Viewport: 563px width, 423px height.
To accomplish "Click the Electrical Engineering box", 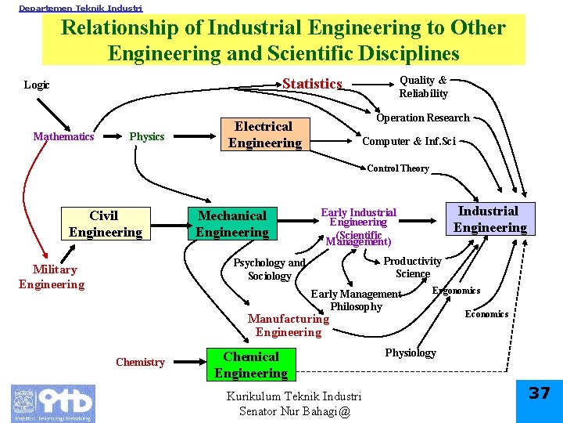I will click(264, 134).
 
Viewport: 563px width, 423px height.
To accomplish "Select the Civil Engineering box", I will click(105, 223).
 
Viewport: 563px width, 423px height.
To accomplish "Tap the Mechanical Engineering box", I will click(231, 223).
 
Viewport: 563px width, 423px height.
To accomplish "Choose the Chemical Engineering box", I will click(251, 365).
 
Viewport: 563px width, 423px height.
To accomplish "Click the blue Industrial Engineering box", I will click(489, 219).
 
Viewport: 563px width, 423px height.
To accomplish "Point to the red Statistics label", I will click(312, 84).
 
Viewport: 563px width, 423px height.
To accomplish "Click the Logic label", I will click(37, 85).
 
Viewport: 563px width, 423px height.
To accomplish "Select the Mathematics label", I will click(63, 136).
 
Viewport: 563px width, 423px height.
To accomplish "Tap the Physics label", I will click(147, 136).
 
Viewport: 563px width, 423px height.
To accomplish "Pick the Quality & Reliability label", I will click(423, 86).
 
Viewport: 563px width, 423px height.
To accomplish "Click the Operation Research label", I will click(422, 117).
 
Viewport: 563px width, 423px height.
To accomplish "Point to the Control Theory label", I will click(398, 168).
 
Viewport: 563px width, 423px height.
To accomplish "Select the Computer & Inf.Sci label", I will click(408, 141).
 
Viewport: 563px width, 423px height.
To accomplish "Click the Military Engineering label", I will click(52, 277).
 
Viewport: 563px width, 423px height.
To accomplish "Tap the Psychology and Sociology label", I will click(269, 269).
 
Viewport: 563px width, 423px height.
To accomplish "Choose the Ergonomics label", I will click(457, 291).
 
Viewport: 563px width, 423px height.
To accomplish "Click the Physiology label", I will click(411, 352).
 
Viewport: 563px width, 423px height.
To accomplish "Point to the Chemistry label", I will click(140, 362).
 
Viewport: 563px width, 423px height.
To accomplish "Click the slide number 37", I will click(540, 393).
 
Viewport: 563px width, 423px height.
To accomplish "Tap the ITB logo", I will click(53, 403).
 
